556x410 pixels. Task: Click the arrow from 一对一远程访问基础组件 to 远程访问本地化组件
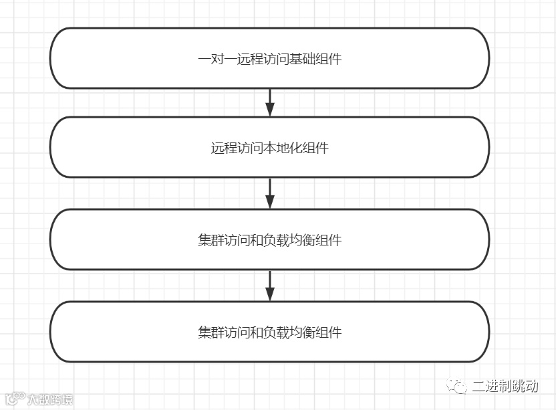[x=270, y=102]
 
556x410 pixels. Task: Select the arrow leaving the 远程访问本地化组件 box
[x=270, y=193]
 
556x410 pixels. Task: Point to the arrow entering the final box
[x=270, y=286]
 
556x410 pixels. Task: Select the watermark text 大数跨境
[x=49, y=400]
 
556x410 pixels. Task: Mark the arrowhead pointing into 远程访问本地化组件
[x=270, y=111]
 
